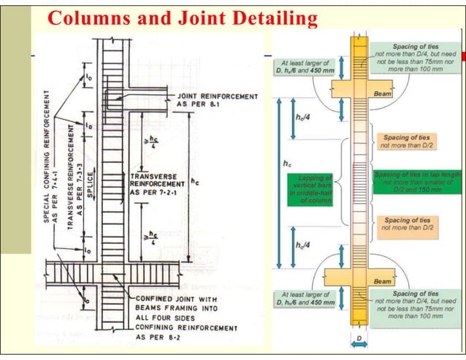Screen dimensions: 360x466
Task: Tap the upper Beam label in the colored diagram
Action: (382, 94)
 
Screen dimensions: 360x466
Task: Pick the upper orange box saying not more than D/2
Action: (406, 141)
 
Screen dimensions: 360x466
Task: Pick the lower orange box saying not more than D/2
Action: (406, 223)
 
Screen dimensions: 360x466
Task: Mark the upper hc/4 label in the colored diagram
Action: (301, 117)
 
